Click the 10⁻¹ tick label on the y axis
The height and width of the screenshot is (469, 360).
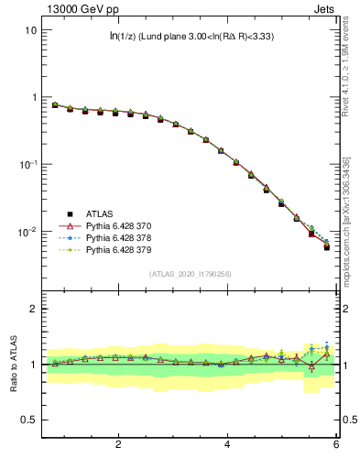point(27,164)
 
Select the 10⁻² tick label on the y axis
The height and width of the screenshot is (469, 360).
point(27,232)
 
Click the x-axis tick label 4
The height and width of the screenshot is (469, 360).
point(227,445)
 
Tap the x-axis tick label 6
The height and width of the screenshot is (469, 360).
point(336,445)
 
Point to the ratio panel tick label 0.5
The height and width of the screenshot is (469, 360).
point(29,420)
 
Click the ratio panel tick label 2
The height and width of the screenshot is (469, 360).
point(33,309)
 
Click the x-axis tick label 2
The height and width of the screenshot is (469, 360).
point(118,445)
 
